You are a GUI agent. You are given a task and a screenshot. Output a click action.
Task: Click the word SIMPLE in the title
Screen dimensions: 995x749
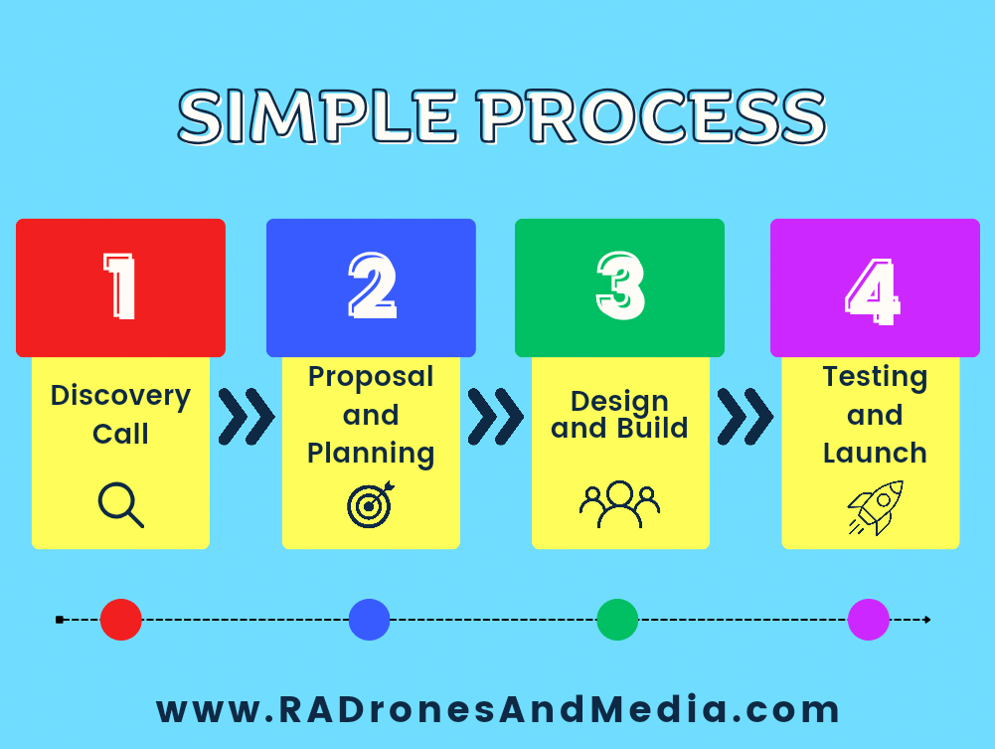point(317,116)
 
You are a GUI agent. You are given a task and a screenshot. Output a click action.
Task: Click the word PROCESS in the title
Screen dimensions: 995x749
point(652,116)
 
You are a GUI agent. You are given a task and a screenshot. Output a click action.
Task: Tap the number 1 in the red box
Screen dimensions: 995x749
point(120,285)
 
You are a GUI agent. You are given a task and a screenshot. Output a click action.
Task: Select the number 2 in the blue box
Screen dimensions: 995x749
point(372,285)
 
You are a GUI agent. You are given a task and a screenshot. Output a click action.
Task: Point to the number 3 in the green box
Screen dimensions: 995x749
point(620,285)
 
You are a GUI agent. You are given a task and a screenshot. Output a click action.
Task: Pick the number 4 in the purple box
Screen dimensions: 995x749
point(873,291)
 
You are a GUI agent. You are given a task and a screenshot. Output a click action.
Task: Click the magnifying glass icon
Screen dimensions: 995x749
point(120,504)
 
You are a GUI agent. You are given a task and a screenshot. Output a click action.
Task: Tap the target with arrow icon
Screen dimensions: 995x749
point(371,504)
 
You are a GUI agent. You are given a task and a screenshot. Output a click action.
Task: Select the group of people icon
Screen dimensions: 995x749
point(619,504)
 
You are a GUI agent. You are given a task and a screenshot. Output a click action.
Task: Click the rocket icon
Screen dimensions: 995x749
point(877,508)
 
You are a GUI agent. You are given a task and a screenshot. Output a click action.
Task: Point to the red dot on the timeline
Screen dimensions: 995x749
point(120,620)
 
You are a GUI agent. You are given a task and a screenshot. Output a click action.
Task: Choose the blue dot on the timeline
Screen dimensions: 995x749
point(370,620)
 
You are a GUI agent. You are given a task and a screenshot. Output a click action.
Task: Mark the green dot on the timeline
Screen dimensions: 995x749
point(617,620)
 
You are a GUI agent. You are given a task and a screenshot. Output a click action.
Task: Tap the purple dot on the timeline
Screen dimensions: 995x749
point(868,620)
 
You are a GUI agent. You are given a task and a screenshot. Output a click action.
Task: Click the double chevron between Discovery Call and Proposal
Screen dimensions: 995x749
point(247,417)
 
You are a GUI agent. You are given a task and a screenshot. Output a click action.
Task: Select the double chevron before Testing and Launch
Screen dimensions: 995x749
point(745,417)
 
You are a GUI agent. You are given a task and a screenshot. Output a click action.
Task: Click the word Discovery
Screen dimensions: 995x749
point(120,396)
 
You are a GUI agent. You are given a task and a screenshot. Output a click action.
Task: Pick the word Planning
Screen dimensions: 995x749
point(371,454)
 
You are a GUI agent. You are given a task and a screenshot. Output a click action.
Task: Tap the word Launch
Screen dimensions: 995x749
point(875,454)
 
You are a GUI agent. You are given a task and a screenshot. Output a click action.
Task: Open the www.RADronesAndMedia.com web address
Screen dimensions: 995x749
point(498,709)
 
